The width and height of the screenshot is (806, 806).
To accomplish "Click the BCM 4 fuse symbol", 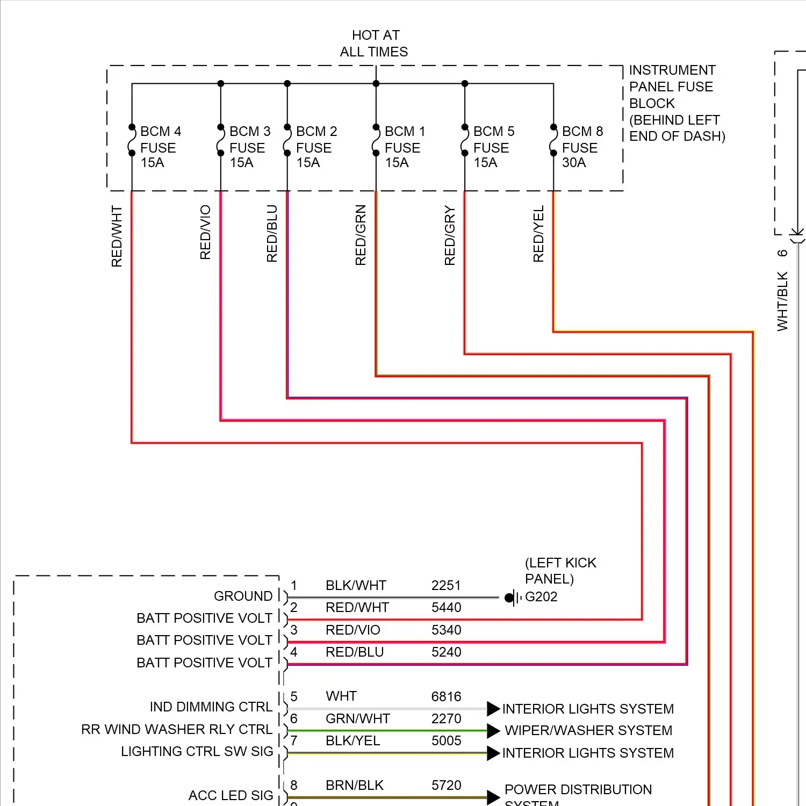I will tap(132, 140).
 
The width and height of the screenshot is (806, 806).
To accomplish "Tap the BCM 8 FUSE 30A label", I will tap(582, 147).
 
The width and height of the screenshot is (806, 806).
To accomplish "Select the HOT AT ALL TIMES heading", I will tap(375, 44).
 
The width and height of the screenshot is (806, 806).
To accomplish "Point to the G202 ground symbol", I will tap(512, 598).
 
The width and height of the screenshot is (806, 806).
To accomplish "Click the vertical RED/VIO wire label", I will tap(205, 232).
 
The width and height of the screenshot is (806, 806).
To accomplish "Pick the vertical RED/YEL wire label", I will tap(538, 234).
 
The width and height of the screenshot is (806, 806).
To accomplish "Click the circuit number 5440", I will tap(446, 608).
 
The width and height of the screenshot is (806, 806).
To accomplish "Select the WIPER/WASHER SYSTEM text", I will tap(588, 731).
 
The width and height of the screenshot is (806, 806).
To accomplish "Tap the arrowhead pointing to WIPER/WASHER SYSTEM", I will tap(493, 731).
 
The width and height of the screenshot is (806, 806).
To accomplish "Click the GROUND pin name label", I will tap(243, 596).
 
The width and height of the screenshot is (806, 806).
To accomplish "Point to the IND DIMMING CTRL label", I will tap(211, 707).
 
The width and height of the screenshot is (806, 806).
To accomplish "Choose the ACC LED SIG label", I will tap(231, 796).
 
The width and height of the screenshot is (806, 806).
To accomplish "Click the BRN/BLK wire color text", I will tap(354, 786).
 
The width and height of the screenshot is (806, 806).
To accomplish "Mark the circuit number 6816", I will tap(446, 697).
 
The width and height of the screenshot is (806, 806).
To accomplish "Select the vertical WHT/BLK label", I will tap(782, 301).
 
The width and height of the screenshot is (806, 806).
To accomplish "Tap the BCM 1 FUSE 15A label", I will tap(405, 147).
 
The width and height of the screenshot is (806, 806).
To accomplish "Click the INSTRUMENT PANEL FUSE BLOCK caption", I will tap(677, 103).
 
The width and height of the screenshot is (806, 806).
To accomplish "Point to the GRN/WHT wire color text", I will tap(357, 719).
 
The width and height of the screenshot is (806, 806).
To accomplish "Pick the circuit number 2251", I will tap(446, 586).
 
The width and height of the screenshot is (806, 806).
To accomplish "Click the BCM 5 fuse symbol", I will tap(465, 140).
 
